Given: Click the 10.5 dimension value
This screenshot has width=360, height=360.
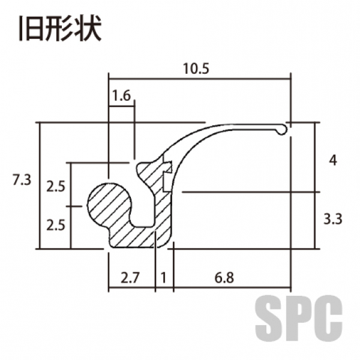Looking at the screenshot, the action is [196, 68].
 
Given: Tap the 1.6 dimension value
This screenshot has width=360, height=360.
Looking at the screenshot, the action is [121, 95].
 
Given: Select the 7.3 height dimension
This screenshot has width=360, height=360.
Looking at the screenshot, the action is [22, 180].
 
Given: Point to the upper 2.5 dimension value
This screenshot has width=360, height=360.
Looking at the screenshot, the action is [56, 186].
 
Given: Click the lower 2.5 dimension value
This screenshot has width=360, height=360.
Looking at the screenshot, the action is [56, 225].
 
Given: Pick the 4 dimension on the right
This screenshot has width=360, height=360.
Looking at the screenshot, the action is [333, 160].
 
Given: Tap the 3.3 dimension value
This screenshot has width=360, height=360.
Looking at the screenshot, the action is [333, 219].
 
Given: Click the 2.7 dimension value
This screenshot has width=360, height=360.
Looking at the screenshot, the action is [130, 278].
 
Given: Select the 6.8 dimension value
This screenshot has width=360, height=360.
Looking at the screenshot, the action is [224, 278].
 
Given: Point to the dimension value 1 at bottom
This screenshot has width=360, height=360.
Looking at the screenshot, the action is [163, 278].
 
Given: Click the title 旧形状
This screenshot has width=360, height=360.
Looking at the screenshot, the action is [60, 28].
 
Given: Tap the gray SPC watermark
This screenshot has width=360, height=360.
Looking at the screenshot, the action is [299, 318].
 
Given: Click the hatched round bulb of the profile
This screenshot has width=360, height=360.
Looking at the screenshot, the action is [109, 205].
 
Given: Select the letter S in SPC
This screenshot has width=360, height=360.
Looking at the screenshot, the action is [268, 318].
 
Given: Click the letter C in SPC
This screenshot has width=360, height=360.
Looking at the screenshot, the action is [329, 318].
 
